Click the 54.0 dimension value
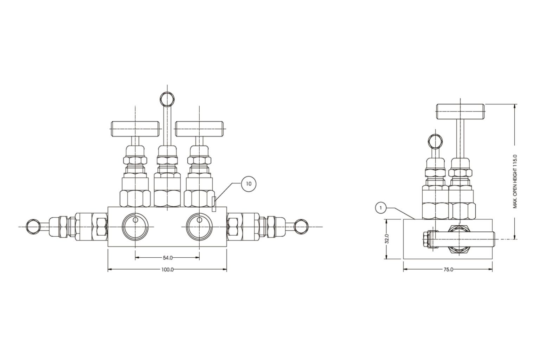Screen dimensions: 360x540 [168, 258]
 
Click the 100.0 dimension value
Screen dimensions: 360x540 [167, 270]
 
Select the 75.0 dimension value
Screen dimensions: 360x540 [448, 270]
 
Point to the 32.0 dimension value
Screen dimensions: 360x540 [387, 239]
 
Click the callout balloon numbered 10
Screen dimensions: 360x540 [249, 184]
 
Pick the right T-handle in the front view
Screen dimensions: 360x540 [200, 129]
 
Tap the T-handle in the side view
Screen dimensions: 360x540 [460, 111]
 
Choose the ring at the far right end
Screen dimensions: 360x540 [301, 226]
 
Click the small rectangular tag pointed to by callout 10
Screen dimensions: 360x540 [214, 204]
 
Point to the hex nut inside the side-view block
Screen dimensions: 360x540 [459, 239]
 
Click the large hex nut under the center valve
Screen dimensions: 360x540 [167, 199]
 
